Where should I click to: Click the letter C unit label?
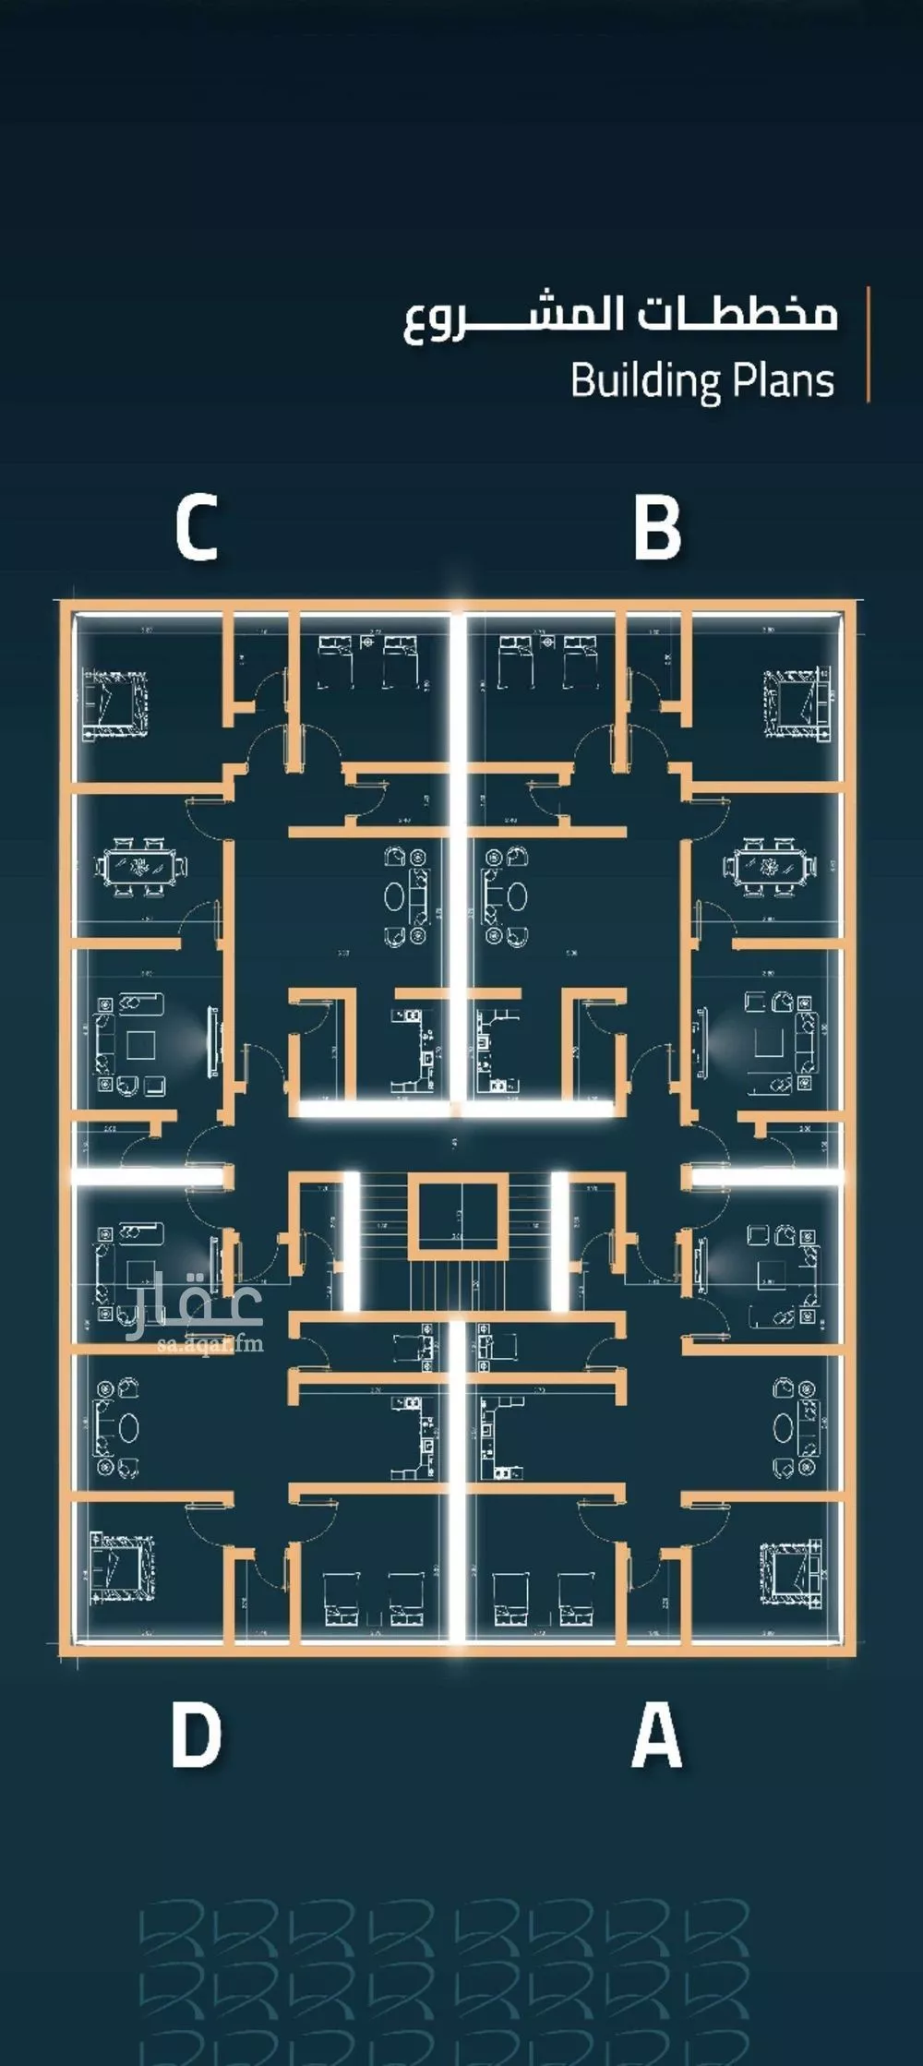point(197,528)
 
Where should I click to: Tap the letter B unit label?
point(657,528)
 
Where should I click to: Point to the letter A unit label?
point(657,1736)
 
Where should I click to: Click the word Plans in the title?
point(784,380)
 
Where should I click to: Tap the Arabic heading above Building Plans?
point(620,317)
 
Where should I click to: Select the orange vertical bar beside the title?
point(868,344)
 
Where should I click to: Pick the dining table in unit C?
point(140,868)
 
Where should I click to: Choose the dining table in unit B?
point(768,868)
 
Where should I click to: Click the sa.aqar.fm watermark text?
point(210,1343)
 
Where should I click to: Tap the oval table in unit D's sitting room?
point(127,1428)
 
